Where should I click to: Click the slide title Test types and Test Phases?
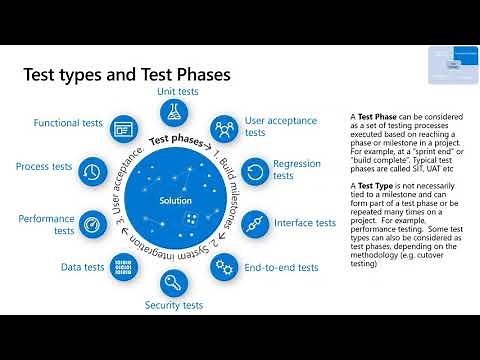pos(127,74)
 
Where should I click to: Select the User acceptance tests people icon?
pos(224,128)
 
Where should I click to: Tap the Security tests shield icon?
pos(175,281)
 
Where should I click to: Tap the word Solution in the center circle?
pos(174,201)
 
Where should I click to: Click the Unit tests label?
pos(176,91)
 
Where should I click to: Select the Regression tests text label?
pos(297,170)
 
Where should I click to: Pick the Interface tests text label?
pos(304,223)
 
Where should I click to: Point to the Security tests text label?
pos(174,305)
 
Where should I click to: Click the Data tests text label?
pos(84,268)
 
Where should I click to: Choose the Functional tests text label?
pos(66,123)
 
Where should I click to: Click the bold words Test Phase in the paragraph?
pos(379,116)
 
